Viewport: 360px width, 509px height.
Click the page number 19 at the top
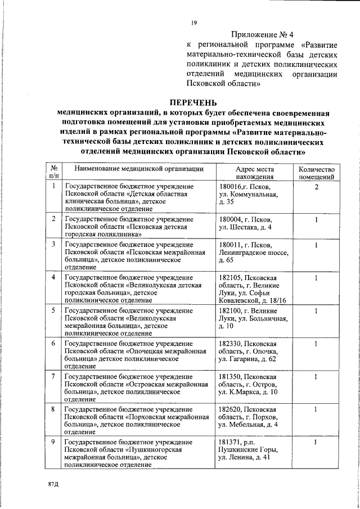point(193,22)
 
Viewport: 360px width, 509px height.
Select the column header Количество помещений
point(317,172)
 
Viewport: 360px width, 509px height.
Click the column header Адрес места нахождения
point(255,172)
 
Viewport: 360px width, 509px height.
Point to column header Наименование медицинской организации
point(138,169)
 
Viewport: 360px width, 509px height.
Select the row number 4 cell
point(53,278)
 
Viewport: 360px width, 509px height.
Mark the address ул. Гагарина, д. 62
point(247,358)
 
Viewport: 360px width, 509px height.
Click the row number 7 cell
point(53,376)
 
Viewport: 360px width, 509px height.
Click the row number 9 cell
point(53,442)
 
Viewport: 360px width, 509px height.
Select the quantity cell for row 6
point(317,343)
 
